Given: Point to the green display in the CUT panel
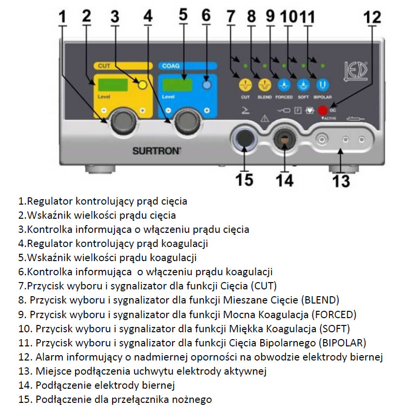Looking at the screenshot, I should pos(113,85).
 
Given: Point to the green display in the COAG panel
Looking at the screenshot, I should pos(178,85).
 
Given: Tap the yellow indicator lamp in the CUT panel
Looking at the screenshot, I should pos(142,85).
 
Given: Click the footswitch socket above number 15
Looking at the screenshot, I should pos(243,141).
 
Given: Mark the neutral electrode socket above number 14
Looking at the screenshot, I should pos(284,141).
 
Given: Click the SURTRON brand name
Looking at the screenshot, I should pos(156,152).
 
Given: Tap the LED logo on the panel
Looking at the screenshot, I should pos(360,70).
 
